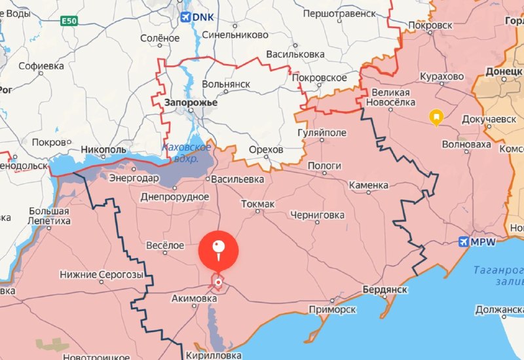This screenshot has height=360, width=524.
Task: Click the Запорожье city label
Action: tap(191, 103)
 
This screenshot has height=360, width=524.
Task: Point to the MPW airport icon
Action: tap(464, 242)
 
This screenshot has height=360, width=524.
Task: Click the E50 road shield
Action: tap(69, 22)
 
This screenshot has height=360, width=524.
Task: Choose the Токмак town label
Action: tap(257, 205)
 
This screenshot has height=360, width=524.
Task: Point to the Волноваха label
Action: tap(467, 144)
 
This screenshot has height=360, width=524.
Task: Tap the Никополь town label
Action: tap(102, 150)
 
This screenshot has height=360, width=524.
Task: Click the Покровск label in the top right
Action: tap(430, 25)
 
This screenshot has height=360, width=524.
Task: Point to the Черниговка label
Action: tap(318, 215)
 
